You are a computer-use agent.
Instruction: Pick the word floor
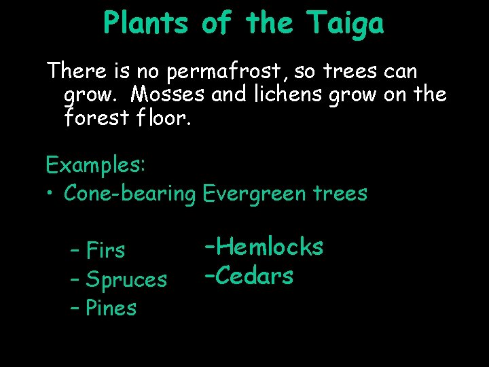[164, 118]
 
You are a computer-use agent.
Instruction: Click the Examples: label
[92, 164]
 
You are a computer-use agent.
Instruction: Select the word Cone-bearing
[130, 194]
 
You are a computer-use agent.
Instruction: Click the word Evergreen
[255, 194]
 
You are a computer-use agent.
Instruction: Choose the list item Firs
[107, 250]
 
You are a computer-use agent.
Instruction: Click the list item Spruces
[127, 279]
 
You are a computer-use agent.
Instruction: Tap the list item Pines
[112, 308]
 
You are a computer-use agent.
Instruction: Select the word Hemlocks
[270, 246]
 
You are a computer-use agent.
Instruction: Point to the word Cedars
[255, 276]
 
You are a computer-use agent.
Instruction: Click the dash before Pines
[75, 308]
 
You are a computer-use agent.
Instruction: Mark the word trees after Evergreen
[340, 194]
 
